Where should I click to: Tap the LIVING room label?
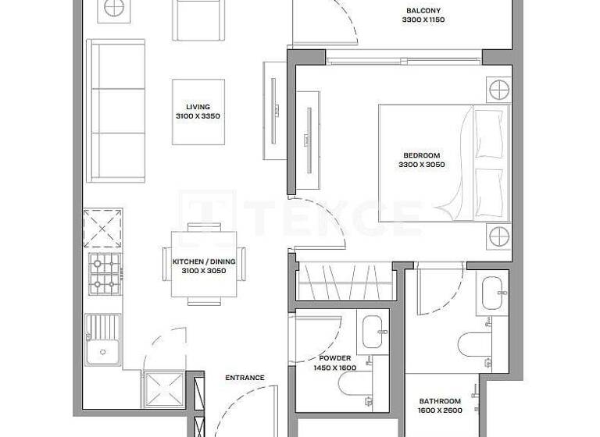tap(198, 106)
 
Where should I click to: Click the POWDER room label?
tap(334, 358)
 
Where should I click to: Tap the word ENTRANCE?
tap(245, 378)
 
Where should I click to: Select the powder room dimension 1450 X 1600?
tap(334, 368)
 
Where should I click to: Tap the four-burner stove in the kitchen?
tap(104, 273)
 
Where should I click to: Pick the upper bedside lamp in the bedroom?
tap(498, 89)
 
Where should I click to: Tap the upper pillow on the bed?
tap(488, 124)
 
